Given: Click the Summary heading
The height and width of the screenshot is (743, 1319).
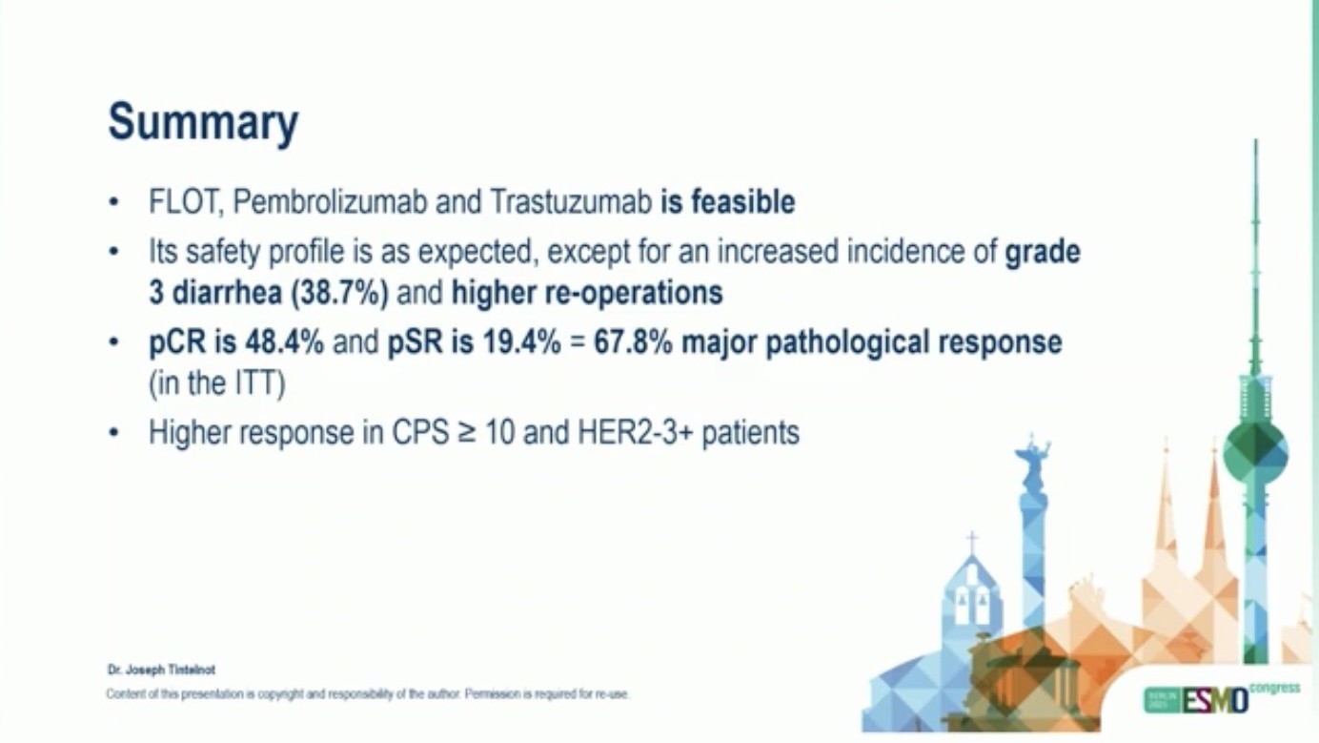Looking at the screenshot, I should [203, 124].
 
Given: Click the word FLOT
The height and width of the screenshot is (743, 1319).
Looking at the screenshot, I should [186, 202].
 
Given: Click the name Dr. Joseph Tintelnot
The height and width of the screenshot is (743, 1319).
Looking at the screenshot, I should [161, 671].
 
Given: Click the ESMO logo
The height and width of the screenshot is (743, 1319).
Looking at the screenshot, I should [1215, 700].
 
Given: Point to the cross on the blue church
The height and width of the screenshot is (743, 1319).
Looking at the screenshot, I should [972, 543].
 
